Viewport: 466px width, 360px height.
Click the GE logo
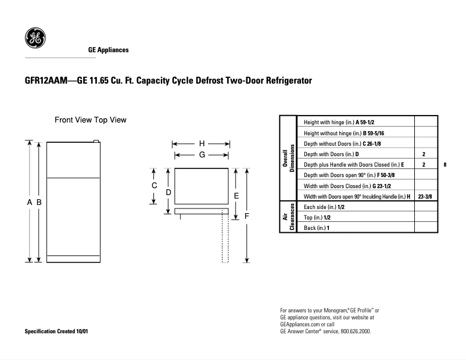coord(34,39)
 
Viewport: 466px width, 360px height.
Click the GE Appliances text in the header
coord(108,51)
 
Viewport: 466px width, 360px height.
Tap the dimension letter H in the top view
coord(202,143)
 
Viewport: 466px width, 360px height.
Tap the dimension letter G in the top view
coord(202,155)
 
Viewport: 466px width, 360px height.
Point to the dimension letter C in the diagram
coord(155,185)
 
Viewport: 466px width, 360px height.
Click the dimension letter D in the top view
coord(168,192)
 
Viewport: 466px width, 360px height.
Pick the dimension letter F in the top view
coord(247,215)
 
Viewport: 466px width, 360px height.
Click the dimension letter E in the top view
coord(236,196)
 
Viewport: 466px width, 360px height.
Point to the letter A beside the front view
coord(29,202)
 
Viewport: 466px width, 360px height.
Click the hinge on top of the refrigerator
coord(96,141)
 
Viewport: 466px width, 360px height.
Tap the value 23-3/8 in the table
coord(424,197)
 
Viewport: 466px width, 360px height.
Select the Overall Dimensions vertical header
coord(289,159)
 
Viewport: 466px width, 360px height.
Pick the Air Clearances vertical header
coord(289,218)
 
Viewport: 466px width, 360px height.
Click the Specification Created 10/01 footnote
coord(57,331)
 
